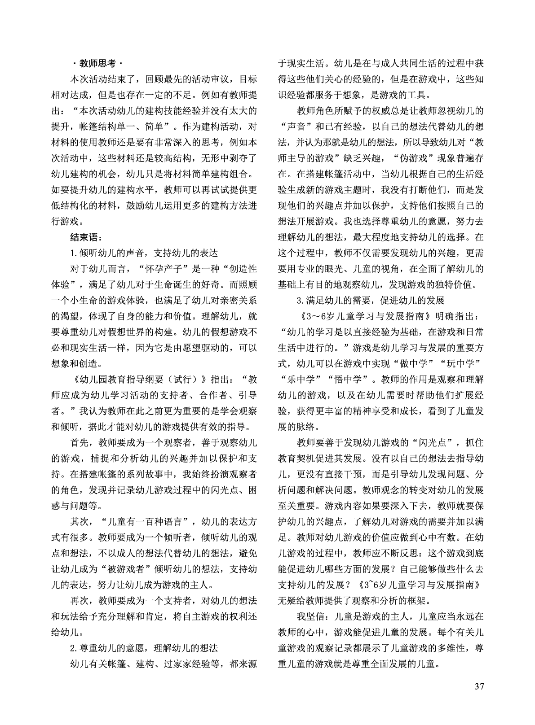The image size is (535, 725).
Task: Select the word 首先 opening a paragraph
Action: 80,442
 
